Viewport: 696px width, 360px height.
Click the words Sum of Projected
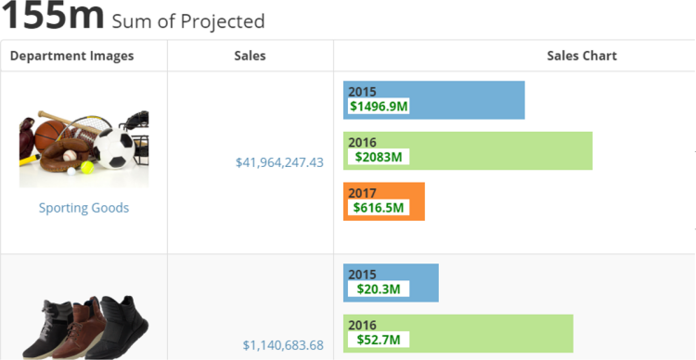pyautogui.click(x=187, y=21)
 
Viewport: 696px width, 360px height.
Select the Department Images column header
pyautogui.click(x=71, y=56)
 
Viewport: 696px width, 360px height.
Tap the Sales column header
pyautogui.click(x=250, y=56)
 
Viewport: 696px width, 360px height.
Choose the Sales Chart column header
pyautogui.click(x=582, y=56)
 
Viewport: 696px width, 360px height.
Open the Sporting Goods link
pyautogui.click(x=84, y=208)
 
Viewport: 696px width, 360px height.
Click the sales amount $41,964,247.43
pyautogui.click(x=279, y=162)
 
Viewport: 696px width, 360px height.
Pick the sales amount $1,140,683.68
pyautogui.click(x=283, y=345)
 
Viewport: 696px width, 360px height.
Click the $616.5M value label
pyautogui.click(x=380, y=208)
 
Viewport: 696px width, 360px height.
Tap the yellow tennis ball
pyautogui.click(x=87, y=167)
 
